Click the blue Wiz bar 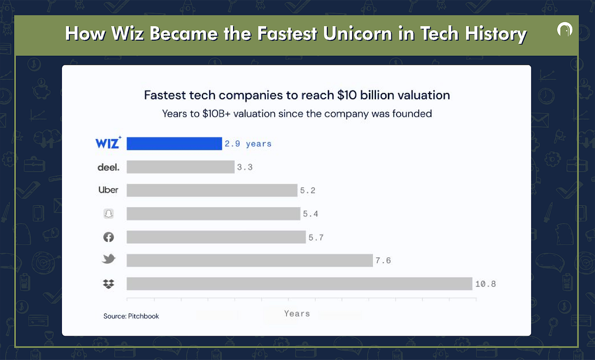point(174,144)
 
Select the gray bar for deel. point(180,167)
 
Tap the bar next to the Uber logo point(212,190)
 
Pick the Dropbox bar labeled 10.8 point(299,284)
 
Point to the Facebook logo point(108,237)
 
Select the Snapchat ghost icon point(108,214)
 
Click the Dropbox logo point(108,284)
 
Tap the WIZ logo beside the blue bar point(108,143)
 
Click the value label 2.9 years point(248,144)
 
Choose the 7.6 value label point(383,260)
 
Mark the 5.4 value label point(310,214)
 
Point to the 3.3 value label point(244,168)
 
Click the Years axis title point(297,313)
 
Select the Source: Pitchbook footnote point(131,316)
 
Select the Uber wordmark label point(108,190)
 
